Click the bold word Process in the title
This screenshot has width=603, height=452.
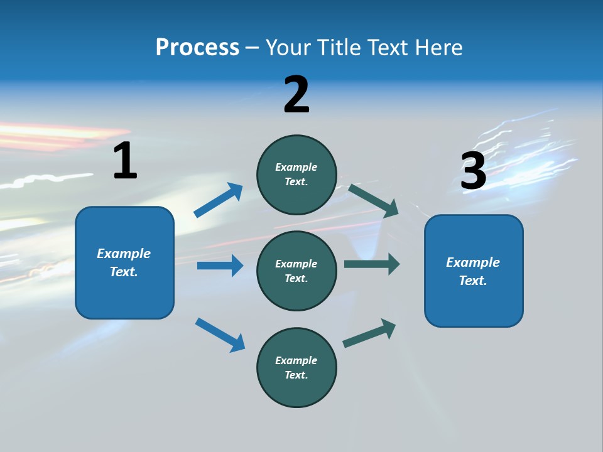coord(197,47)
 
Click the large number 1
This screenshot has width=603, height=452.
coord(125,161)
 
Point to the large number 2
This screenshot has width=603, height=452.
coord(296,95)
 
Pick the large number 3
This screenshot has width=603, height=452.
coord(473,171)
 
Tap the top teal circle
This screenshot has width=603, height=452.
coord(296,175)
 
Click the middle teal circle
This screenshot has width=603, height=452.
coord(296,271)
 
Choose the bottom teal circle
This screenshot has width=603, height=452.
coord(296,367)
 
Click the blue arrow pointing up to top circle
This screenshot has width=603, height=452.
coord(219,200)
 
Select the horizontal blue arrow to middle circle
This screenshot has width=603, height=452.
coord(220,266)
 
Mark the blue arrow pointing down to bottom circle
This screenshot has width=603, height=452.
coord(220,334)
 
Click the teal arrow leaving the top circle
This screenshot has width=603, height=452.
coord(373,200)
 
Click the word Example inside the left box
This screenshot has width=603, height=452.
coord(124,254)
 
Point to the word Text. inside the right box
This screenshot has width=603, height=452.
coord(473,281)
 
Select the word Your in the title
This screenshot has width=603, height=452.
coord(286,47)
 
